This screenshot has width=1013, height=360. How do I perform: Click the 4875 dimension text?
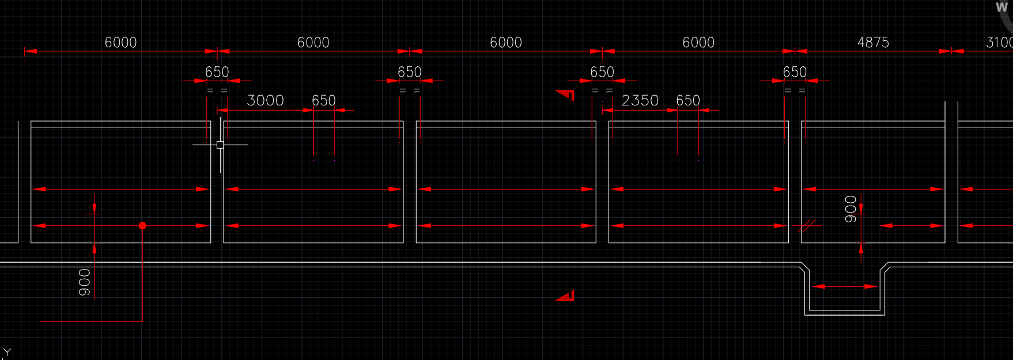[872, 43]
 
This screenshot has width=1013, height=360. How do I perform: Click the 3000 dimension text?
[265, 101]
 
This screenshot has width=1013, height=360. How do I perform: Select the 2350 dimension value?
[640, 101]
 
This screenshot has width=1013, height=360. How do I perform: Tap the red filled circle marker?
[142, 226]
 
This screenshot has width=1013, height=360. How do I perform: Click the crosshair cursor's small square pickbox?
[220, 145]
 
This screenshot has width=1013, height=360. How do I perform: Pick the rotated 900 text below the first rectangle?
[85, 282]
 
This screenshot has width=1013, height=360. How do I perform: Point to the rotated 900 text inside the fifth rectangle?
[851, 209]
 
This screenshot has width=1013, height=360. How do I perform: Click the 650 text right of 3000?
[323, 101]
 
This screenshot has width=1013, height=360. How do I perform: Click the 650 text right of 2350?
[687, 101]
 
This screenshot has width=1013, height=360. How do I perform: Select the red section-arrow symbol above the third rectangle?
[566, 94]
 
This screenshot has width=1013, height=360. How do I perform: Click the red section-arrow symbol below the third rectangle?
[565, 296]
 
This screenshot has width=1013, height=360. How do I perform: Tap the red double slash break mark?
[807, 226]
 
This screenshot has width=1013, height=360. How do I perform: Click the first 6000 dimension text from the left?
[120, 43]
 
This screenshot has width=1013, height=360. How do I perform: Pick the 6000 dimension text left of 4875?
[698, 43]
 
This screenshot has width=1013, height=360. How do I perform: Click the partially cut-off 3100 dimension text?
[999, 43]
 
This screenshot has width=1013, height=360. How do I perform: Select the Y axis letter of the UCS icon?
[7, 352]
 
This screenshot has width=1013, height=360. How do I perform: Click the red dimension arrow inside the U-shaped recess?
[845, 286]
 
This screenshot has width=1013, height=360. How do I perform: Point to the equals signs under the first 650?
[217, 90]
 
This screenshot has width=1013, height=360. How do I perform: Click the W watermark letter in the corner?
[1001, 8]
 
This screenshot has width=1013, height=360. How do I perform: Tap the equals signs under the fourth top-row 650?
[795, 90]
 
